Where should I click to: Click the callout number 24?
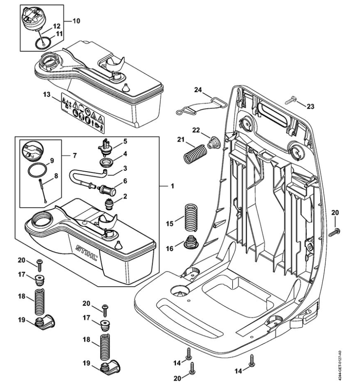[198, 90]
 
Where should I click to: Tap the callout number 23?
[310, 107]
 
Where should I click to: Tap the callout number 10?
[76, 21]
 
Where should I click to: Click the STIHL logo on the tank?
[86, 252]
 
